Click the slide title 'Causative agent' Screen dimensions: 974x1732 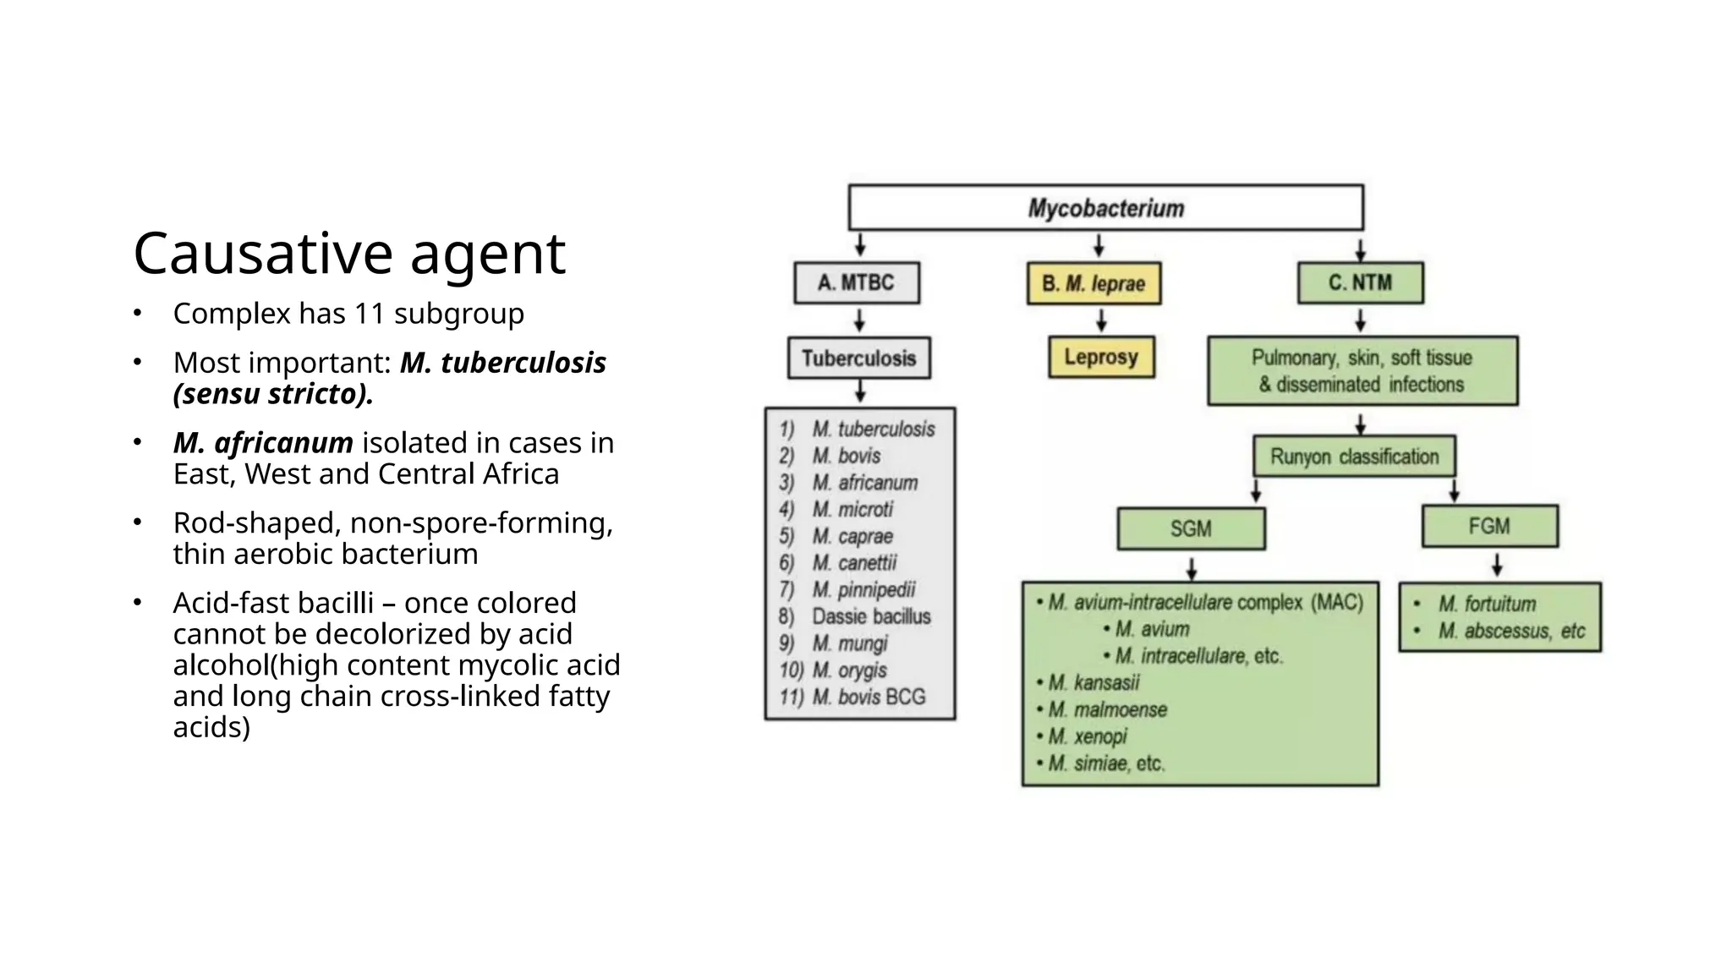tap(348, 253)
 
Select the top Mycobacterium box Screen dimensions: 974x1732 tap(1105, 208)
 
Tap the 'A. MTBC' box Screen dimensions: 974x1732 tap(856, 282)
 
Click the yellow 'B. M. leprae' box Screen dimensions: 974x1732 tap(1093, 283)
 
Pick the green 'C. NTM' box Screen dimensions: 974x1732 tap(1360, 282)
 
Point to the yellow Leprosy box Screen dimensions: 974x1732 tap(1101, 357)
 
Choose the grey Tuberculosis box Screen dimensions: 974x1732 tap(858, 358)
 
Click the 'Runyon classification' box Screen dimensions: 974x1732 tap(1354, 457)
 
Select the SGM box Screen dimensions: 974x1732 tap(1191, 528)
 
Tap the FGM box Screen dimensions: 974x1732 tap(1489, 526)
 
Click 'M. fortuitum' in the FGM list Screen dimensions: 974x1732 tap(1487, 604)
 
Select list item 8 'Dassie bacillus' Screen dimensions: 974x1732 tap(871, 616)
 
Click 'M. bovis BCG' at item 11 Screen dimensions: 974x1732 tap(869, 697)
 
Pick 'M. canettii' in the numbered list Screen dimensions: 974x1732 tap(854, 563)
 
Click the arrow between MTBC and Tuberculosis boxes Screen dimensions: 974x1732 tap(859, 320)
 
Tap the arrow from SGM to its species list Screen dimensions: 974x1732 tap(1191, 567)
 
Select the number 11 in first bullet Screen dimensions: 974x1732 tap(369, 314)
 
